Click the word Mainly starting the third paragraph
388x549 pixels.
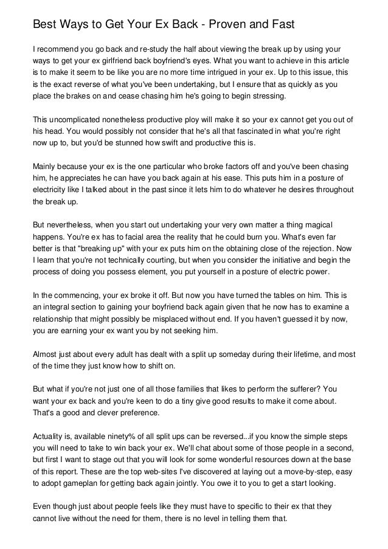pos(45,167)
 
